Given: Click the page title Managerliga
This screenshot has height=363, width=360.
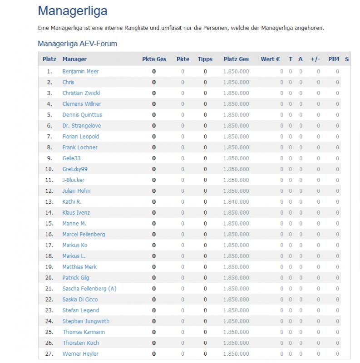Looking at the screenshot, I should point(73,11).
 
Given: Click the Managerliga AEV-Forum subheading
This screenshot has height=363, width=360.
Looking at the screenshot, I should point(78,44).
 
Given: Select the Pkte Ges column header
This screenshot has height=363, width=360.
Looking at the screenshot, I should point(154,59).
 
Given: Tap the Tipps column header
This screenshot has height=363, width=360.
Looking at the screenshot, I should point(205,59).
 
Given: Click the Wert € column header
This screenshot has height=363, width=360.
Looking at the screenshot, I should point(270,59).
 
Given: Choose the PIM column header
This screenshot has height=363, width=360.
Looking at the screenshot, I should point(334,59).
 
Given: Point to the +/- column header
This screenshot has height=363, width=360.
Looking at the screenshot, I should point(316,59).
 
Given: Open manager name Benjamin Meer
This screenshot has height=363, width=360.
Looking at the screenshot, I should point(80,71).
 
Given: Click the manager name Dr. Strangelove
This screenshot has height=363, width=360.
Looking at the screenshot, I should point(82,126).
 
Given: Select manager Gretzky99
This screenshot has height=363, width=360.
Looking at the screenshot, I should point(75,169).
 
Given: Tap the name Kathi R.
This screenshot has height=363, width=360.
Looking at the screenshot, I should point(72,201).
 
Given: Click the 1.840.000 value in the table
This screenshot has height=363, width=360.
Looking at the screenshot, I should point(236,201).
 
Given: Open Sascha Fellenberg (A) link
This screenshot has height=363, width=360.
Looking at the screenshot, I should point(89,289).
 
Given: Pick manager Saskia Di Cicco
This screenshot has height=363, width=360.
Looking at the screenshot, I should point(80,299).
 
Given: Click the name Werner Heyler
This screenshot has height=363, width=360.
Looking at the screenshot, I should point(80,353).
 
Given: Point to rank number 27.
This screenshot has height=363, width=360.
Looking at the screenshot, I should point(49,353).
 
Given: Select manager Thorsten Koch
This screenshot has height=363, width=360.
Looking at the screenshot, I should point(81,343).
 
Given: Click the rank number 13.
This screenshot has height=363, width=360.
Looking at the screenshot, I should point(49,201).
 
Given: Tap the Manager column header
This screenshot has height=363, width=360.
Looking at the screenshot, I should point(74,59).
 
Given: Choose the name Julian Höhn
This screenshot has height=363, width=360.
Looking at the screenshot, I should point(76,191).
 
